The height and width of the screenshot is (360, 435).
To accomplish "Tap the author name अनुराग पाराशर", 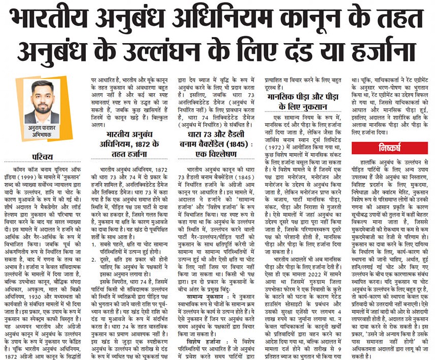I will [42, 129].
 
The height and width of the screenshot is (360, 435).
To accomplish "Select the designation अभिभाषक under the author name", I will [42, 136].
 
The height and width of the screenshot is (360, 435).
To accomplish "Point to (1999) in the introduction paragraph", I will [41, 174].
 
